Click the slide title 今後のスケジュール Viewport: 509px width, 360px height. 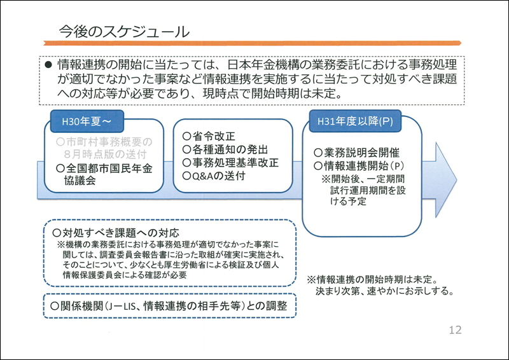click(x=124, y=32)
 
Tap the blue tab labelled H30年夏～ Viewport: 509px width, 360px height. click(x=87, y=121)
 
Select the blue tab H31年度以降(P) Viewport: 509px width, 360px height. click(x=355, y=121)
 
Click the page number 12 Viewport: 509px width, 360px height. click(x=455, y=330)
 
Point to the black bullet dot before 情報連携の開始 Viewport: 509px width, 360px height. click(x=48, y=65)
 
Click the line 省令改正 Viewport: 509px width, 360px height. click(x=209, y=136)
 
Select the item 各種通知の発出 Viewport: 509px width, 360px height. click(x=225, y=149)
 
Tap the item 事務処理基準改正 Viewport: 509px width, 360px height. click(x=230, y=163)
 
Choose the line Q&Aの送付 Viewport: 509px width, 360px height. click(x=214, y=176)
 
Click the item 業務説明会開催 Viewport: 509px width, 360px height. click(x=356, y=153)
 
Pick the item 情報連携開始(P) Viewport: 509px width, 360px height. click(x=359, y=166)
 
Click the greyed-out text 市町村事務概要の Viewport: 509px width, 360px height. click(x=104, y=142)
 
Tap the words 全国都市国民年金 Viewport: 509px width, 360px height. click(x=104, y=168)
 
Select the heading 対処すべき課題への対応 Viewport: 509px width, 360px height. click(x=116, y=233)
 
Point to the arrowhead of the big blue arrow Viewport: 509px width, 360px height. click(x=456, y=179)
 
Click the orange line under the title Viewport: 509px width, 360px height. click(x=252, y=43)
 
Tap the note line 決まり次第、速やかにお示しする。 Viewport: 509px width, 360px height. click(x=385, y=291)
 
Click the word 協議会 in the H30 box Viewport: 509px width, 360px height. click(x=80, y=181)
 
